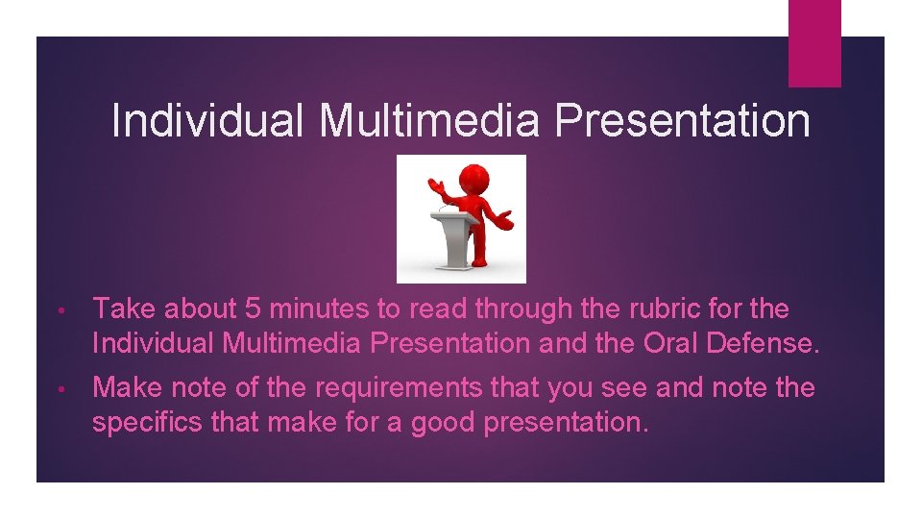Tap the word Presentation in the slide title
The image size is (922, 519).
point(684,122)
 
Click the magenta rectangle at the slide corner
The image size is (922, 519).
point(814,43)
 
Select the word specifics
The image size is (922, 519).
point(140,421)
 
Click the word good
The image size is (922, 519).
point(442,421)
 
